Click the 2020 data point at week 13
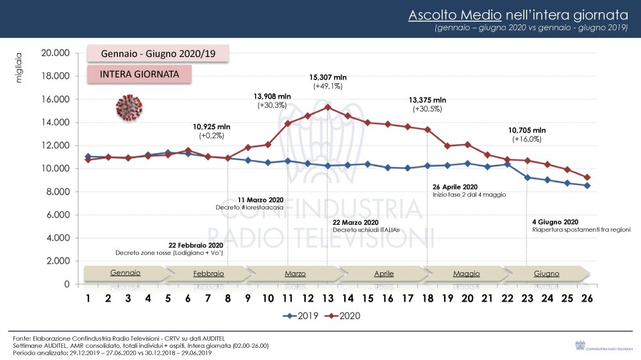[328, 107]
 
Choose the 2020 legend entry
[345, 316]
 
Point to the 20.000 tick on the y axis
[55, 53]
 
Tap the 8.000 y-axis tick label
[57, 192]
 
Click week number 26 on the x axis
[587, 299]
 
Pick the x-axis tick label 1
[88, 299]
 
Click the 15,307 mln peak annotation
[328, 77]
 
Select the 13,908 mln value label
[272, 96]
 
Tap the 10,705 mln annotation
[527, 130]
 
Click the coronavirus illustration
[129, 106]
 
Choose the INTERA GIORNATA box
[139, 74]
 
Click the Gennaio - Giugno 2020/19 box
[158, 54]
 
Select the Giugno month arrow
[546, 274]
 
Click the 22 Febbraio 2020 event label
[196, 245]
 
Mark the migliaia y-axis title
[19, 68]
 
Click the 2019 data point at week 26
[587, 186]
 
